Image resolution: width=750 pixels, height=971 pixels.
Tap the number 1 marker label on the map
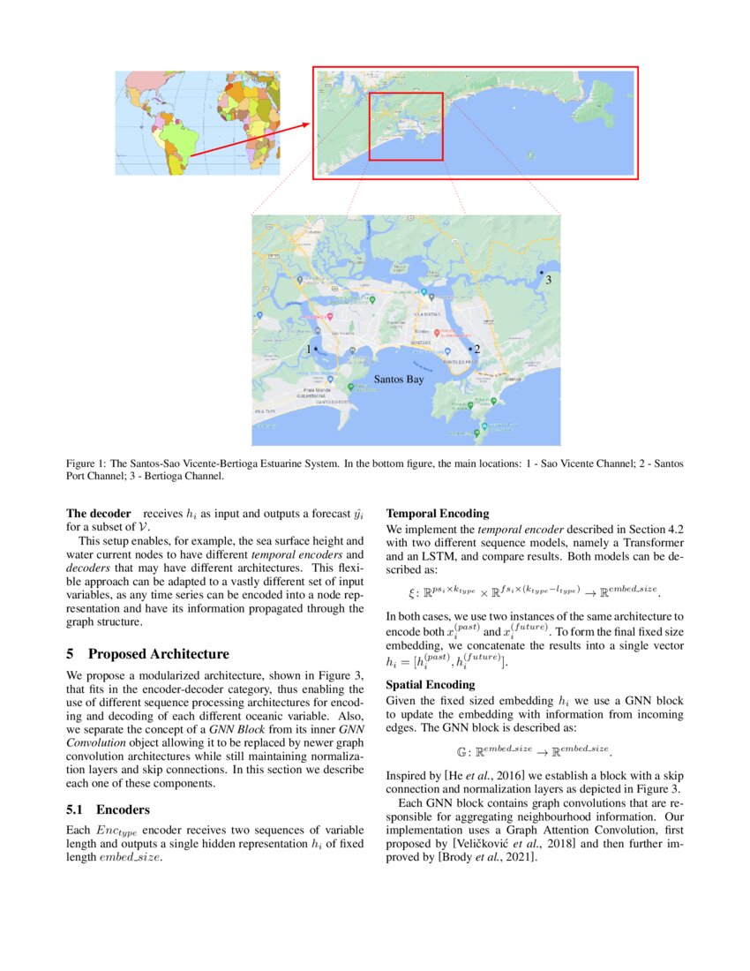click(308, 350)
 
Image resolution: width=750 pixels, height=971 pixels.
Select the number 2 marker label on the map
click(476, 350)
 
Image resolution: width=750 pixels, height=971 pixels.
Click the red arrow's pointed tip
click(309, 124)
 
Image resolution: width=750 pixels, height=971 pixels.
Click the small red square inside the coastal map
click(405, 126)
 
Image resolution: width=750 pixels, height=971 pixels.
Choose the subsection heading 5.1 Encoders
click(109, 809)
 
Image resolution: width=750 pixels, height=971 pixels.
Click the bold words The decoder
click(99, 513)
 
